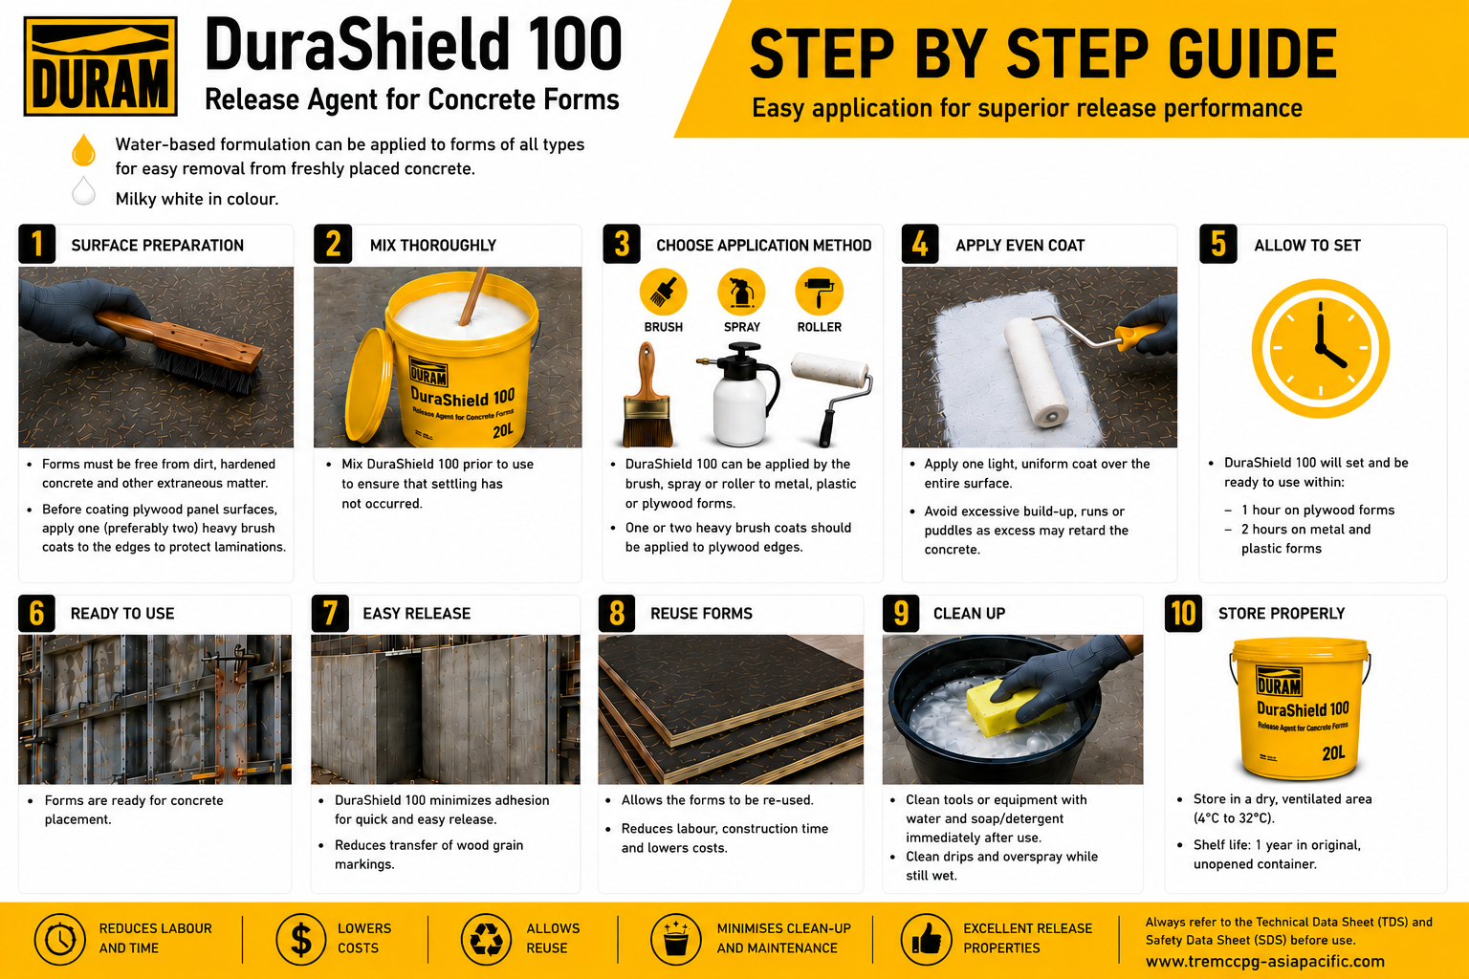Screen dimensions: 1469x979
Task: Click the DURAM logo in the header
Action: tap(100, 67)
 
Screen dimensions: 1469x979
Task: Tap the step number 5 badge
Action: tap(1217, 244)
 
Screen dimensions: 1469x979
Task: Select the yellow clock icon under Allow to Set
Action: tap(1320, 348)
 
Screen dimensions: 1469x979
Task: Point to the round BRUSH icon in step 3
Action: tap(663, 292)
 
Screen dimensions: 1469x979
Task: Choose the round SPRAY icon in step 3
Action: tap(741, 292)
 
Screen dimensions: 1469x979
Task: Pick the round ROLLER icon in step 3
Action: tap(819, 292)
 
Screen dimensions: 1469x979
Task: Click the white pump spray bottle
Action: tap(739, 395)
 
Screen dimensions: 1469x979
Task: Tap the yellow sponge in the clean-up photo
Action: tap(1011, 707)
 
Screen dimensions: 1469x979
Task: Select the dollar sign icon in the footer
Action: tap(301, 939)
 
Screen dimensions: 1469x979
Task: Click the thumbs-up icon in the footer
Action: tap(926, 939)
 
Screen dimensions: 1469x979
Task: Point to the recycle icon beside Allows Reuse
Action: tap(486, 939)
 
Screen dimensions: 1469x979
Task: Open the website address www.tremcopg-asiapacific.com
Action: tap(1265, 961)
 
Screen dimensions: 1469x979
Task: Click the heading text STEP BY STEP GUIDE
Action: tap(1042, 54)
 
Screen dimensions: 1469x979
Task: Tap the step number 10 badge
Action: tap(1183, 613)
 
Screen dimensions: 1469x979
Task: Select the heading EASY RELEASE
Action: tap(416, 614)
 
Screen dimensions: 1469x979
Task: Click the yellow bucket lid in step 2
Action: tap(369, 384)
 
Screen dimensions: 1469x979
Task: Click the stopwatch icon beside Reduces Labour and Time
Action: tap(59, 939)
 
